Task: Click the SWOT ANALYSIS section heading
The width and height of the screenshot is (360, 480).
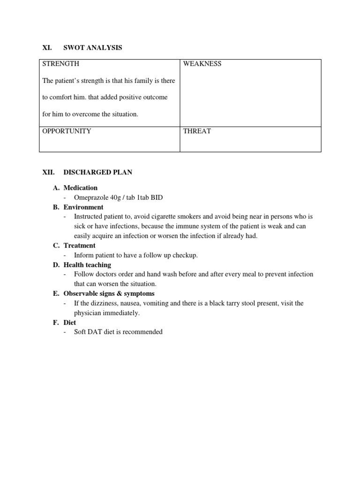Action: [92, 48]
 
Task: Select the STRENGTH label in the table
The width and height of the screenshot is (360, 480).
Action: [60, 64]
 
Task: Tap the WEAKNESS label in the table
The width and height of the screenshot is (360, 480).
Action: [202, 64]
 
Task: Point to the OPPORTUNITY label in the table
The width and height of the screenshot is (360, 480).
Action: [67, 131]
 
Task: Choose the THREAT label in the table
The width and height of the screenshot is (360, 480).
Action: [197, 131]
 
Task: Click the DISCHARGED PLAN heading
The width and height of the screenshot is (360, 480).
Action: [97, 172]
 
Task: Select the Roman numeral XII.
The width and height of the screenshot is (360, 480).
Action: [49, 172]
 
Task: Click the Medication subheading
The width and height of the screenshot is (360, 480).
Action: [81, 188]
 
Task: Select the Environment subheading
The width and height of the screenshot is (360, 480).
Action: [83, 207]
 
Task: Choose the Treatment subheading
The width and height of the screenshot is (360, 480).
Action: [79, 246]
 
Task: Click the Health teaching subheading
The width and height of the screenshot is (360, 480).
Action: [87, 265]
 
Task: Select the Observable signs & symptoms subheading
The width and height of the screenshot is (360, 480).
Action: [109, 294]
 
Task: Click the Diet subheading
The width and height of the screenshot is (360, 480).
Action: [70, 322]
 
